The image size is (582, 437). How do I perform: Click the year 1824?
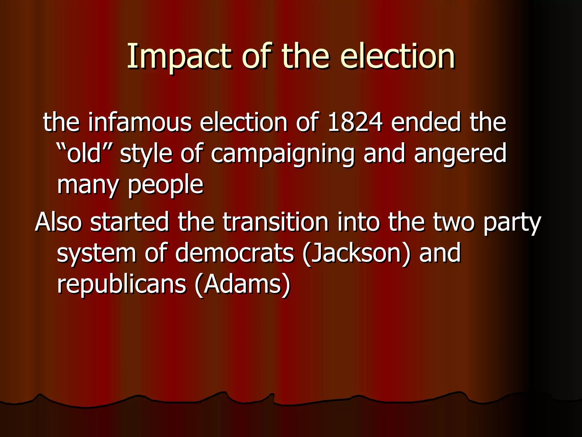[355, 122]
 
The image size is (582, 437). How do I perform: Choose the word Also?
[59, 222]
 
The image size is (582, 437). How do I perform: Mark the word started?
[129, 222]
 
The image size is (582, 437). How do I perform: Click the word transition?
[275, 222]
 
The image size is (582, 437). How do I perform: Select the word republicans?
[121, 285]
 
